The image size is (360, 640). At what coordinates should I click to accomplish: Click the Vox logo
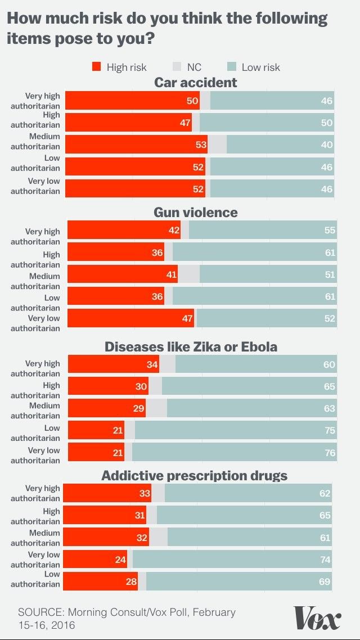tap(317, 618)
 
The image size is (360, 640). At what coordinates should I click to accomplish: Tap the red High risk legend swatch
tap(97, 67)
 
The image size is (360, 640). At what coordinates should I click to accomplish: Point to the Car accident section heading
tap(196, 83)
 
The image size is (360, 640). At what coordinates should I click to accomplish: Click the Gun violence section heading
tap(196, 212)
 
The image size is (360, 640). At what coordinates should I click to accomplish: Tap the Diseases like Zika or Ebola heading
tap(191, 346)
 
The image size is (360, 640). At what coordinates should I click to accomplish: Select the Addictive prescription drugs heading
tap(194, 476)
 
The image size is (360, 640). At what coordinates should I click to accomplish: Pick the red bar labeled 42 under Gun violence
tap(124, 230)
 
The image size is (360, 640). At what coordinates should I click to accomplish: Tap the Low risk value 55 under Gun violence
tap(330, 230)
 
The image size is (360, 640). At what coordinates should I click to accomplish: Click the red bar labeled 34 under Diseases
tap(114, 364)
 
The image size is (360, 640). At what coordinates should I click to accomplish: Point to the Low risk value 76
tap(330, 452)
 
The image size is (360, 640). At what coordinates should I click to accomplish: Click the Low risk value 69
tap(325, 582)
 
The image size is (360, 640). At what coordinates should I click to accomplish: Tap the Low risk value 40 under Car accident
tap(327, 145)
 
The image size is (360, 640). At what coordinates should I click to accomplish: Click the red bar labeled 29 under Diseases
tap(107, 408)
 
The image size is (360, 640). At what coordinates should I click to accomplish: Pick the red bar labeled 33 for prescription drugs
tap(107, 493)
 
